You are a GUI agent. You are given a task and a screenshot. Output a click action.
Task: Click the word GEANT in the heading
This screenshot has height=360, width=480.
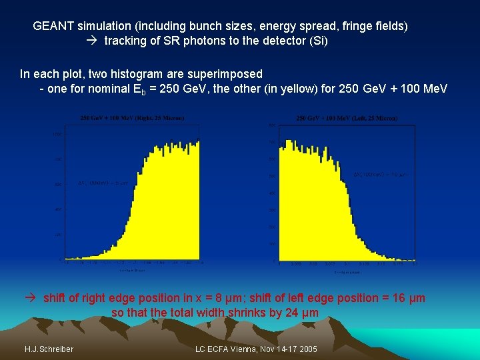(53, 26)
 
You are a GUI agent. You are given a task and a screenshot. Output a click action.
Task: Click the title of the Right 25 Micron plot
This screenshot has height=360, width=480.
(132, 119)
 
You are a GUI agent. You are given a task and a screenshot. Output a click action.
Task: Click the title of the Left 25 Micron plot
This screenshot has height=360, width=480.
(347, 119)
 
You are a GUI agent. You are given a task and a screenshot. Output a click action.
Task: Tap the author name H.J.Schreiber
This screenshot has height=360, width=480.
(49, 349)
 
